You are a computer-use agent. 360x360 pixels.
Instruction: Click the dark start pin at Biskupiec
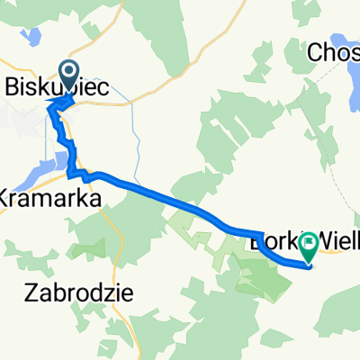68,73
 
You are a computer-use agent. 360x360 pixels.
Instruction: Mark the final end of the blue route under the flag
309,265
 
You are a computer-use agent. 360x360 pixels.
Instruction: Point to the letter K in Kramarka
7,197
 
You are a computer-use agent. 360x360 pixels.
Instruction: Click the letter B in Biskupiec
13,88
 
